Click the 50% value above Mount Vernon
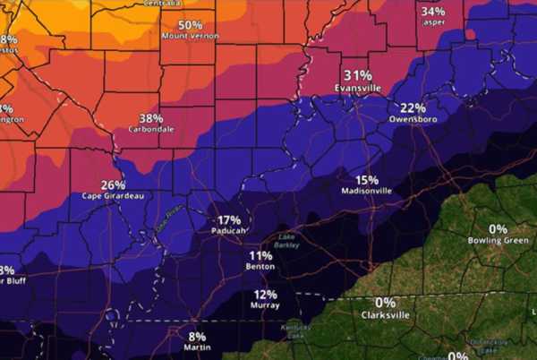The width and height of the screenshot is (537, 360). tap(190, 25)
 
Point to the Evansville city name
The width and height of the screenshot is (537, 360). tap(358, 88)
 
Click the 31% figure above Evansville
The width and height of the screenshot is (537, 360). tap(358, 75)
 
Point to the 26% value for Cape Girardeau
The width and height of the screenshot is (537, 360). tap(113, 184)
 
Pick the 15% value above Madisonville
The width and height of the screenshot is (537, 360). tap(367, 179)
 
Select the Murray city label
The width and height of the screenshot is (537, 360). tap(265, 305)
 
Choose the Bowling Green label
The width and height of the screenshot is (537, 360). tap(498, 240)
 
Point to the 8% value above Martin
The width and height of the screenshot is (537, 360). tap(197, 336)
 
